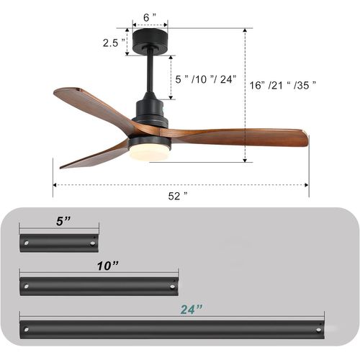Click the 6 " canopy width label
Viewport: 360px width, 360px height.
149,16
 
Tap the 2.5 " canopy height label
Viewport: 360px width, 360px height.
110,42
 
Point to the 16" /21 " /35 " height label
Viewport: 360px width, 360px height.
283,85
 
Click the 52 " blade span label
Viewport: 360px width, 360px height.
176,195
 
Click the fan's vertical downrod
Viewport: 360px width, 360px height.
149,75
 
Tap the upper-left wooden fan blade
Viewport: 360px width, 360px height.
90,105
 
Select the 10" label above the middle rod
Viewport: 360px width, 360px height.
107,266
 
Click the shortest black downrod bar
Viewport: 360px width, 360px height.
59,242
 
